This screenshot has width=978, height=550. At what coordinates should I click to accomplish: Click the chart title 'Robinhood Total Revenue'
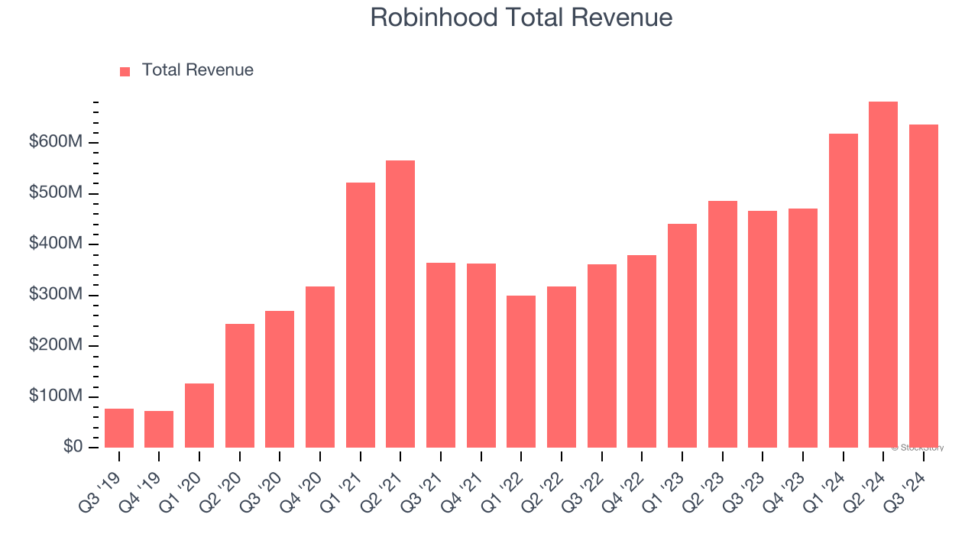[x=521, y=18]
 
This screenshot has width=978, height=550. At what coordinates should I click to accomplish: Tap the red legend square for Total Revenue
[x=125, y=71]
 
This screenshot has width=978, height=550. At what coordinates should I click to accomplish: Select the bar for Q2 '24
[x=883, y=275]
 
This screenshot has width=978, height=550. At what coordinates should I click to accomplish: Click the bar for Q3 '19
[x=119, y=429]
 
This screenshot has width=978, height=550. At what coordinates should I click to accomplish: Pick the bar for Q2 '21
[x=400, y=304]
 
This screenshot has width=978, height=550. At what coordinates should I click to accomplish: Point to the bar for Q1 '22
[x=521, y=372]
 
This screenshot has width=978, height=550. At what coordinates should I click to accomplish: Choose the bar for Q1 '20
[x=199, y=416]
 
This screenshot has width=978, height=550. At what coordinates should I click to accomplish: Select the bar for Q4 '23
[x=803, y=328]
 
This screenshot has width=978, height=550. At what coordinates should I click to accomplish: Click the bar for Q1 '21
[x=361, y=315]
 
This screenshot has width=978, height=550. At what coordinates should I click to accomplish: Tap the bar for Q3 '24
[x=924, y=286]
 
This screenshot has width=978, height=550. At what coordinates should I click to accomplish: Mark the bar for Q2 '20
[x=240, y=386]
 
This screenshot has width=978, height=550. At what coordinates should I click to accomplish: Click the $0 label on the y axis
[x=73, y=447]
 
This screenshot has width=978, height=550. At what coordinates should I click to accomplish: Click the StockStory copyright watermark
[x=917, y=448]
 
